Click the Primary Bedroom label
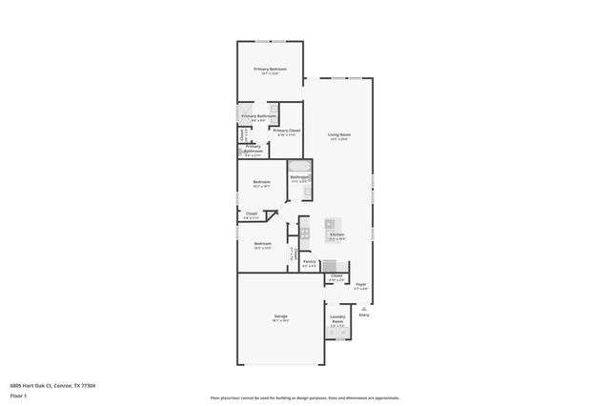270,70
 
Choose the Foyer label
361,284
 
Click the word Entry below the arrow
363,315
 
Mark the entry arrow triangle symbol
363,308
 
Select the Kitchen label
336,233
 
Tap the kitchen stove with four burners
305,232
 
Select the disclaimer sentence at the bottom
305,398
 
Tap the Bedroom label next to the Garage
263,244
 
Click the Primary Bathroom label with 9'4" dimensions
257,116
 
